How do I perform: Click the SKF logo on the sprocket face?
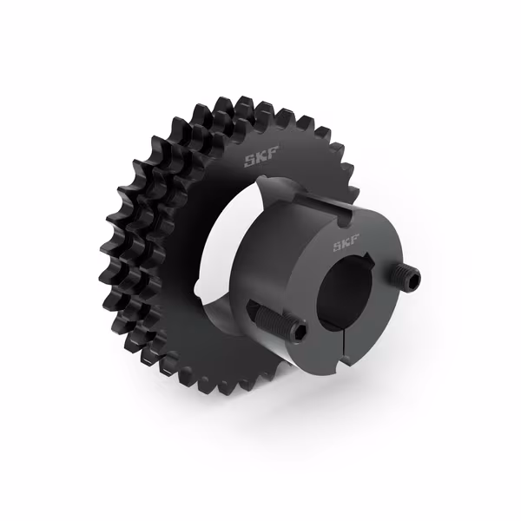click(x=261, y=157)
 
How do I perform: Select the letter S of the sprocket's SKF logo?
click(x=250, y=162)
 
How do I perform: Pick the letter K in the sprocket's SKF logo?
click(x=262, y=157)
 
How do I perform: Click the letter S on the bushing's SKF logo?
click(x=337, y=247)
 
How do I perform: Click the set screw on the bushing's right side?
click(x=406, y=274)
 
